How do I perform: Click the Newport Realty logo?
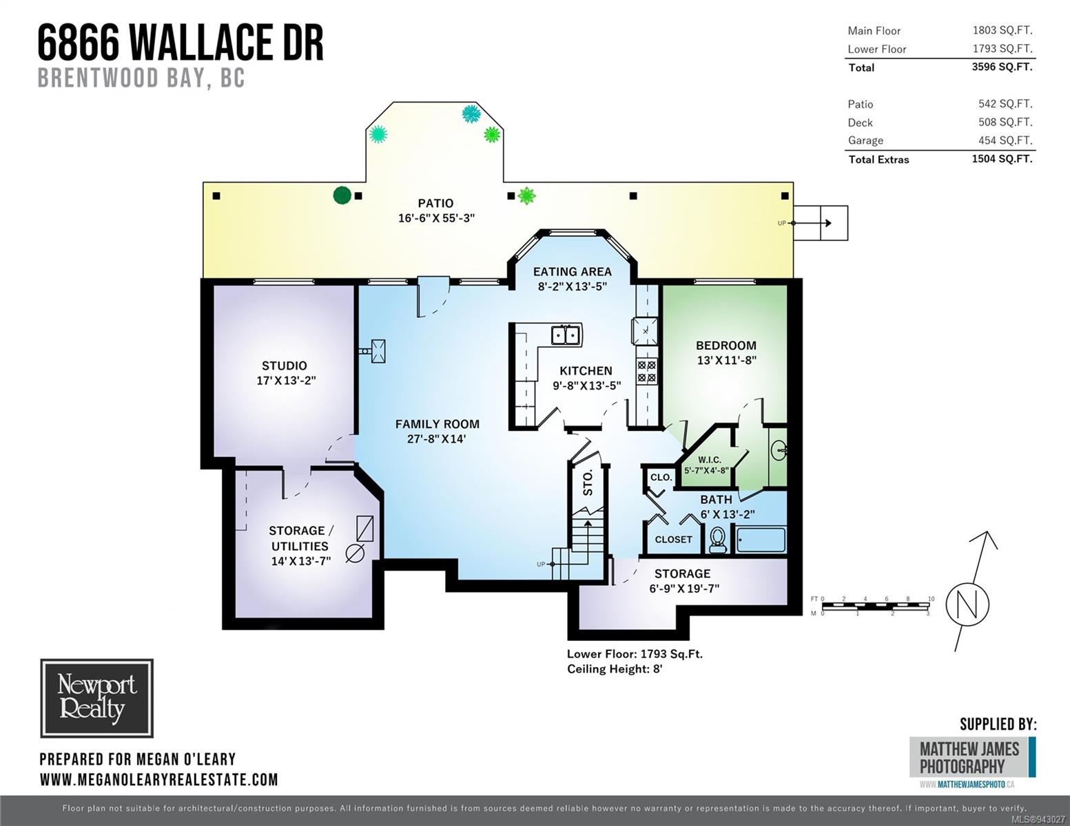coord(97,698)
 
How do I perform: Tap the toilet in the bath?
coord(718,540)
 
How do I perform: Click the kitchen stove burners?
coord(646,372)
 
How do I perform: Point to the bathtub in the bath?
coord(761,540)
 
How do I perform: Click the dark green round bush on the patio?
coord(342,195)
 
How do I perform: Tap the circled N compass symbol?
coord(967,604)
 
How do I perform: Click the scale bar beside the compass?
coord(872,606)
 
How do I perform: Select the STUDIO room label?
coord(284,366)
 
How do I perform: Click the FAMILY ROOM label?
coord(437,424)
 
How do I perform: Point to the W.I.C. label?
coord(710,460)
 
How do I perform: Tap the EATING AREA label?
coord(572,272)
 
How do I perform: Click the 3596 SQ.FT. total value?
coord(1002,67)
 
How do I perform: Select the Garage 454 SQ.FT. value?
coord(1005,140)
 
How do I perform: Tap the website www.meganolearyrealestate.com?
coord(159,780)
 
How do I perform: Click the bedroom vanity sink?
coord(779,449)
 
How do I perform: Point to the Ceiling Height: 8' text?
coord(615,669)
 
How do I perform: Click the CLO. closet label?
coord(661,477)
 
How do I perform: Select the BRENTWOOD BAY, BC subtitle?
coord(141,78)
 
